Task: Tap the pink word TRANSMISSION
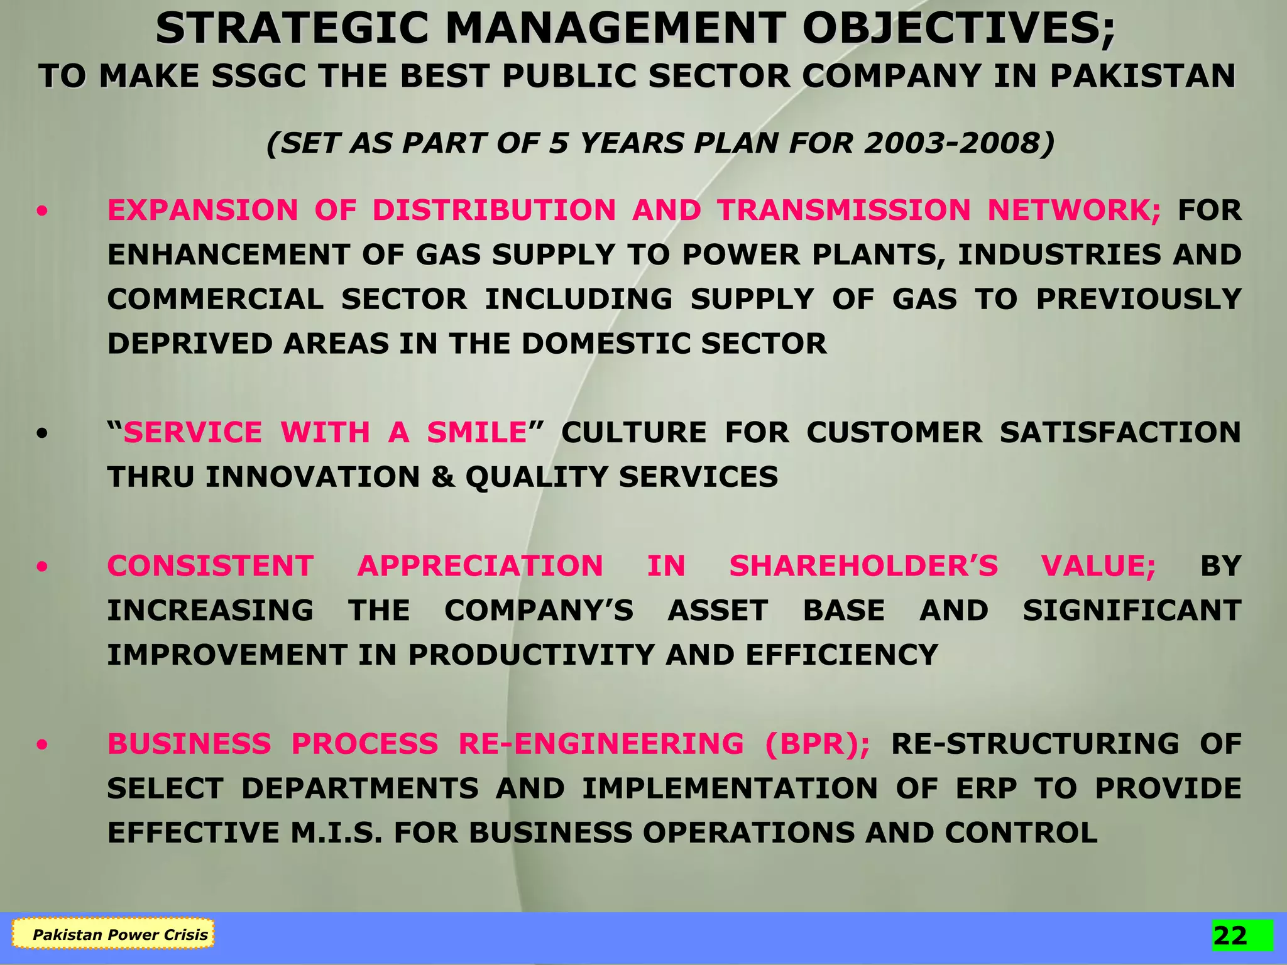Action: (x=845, y=210)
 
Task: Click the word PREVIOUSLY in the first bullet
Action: (x=1138, y=299)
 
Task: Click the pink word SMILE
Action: (x=476, y=432)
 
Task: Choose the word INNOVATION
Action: (x=312, y=477)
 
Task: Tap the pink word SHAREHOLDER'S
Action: (x=863, y=566)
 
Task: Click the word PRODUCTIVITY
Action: (x=532, y=655)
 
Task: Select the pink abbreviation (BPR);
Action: (x=818, y=744)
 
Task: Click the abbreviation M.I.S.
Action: (x=336, y=833)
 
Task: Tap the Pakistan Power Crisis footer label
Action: (x=119, y=934)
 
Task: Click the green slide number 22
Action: (x=1230, y=935)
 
